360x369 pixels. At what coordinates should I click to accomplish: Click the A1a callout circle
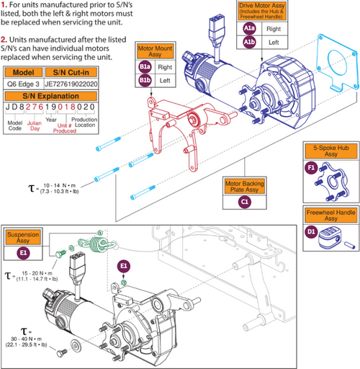click(250, 30)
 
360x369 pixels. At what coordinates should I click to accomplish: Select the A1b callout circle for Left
click(250, 42)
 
